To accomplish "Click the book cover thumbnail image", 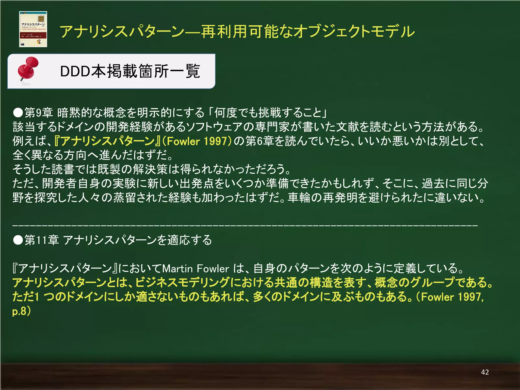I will (33, 29).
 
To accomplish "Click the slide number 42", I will (485, 372).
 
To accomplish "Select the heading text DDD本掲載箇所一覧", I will (130, 71).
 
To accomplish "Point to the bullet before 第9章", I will (18, 112).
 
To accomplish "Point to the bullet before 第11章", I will (18, 240).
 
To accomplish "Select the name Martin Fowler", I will (196, 268).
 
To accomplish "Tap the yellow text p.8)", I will (22, 311).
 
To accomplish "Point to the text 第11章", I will (42, 240).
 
